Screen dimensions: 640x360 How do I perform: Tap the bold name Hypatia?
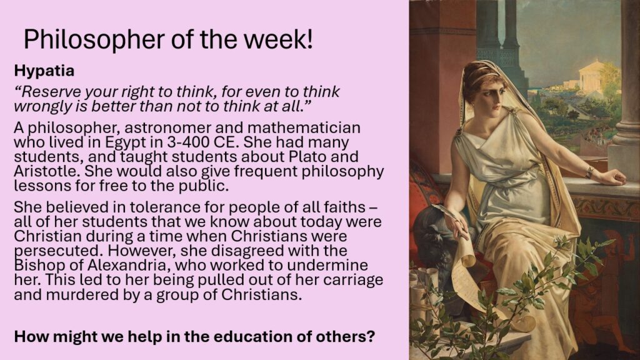[x=44, y=71]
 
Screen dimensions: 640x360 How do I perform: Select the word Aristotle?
[x=46, y=171]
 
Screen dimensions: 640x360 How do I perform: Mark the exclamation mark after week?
[x=309, y=40]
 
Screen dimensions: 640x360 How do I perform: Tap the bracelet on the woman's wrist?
[x=589, y=172]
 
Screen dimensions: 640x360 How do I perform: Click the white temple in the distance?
[x=591, y=76]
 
